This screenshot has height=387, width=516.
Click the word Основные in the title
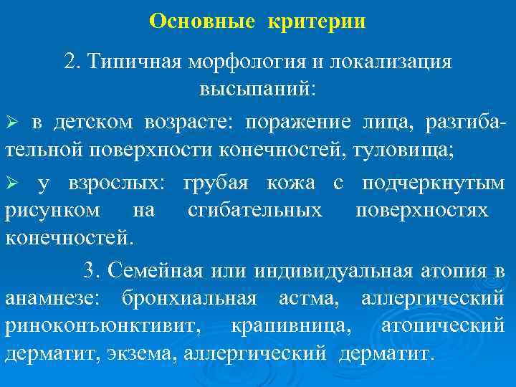pos(201,21)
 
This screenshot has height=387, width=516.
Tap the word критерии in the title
pos(317,21)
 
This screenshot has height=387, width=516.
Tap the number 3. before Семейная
pos(92,270)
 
